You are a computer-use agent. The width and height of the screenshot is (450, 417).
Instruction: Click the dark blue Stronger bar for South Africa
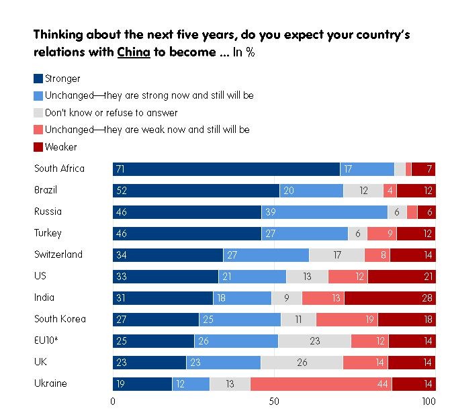click(226, 169)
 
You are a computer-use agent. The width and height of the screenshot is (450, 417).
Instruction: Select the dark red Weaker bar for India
click(390, 297)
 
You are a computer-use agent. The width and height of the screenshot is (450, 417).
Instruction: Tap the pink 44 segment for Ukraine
click(321, 384)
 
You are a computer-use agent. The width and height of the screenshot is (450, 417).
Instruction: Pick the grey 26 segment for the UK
click(302, 363)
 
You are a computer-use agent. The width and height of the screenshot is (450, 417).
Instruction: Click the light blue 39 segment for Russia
click(324, 212)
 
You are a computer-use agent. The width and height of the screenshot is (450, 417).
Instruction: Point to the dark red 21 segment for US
click(401, 276)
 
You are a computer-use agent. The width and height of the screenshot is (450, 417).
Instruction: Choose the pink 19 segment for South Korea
click(347, 320)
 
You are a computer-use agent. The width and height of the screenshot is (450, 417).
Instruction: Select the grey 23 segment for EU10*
click(314, 341)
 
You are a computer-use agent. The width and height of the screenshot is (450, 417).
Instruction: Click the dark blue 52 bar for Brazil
click(196, 190)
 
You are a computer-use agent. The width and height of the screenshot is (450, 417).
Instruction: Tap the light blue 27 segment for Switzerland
click(266, 254)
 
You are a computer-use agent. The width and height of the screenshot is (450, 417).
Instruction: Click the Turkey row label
click(48, 233)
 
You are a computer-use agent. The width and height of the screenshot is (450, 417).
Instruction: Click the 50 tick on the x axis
click(274, 402)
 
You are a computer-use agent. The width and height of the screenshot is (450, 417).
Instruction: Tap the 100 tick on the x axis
click(428, 402)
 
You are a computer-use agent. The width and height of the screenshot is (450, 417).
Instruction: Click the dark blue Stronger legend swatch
click(38, 79)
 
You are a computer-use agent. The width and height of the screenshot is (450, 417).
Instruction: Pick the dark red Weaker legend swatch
click(38, 146)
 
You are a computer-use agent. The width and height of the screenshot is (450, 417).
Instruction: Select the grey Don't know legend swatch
click(38, 113)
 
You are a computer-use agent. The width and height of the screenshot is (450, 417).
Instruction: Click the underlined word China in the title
click(133, 53)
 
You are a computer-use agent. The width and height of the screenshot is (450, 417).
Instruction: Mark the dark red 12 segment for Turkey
click(416, 233)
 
